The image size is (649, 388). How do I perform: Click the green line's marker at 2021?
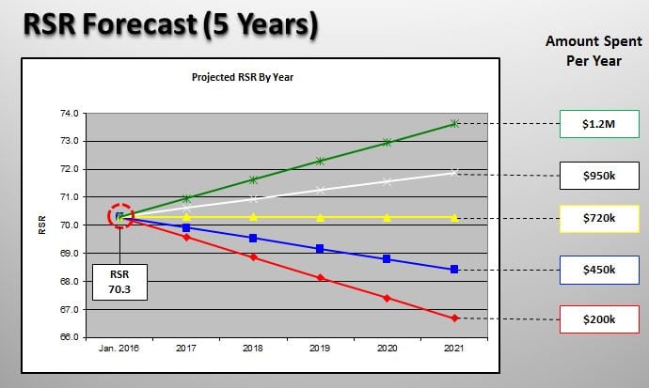[x=454, y=123]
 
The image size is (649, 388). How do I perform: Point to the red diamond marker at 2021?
[x=454, y=318]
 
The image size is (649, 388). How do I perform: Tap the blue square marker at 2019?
[x=321, y=249]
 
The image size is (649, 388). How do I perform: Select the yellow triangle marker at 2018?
[x=254, y=217]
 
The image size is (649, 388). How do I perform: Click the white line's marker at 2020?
[x=388, y=181]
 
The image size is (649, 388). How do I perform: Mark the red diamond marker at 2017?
[x=187, y=237]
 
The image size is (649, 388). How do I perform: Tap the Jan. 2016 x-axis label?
[x=119, y=348]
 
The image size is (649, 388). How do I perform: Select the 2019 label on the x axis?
[x=321, y=348]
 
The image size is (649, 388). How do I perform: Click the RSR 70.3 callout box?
[x=119, y=279]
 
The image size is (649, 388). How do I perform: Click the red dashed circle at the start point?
[x=120, y=216]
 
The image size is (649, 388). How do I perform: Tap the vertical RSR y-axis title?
[x=42, y=225]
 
